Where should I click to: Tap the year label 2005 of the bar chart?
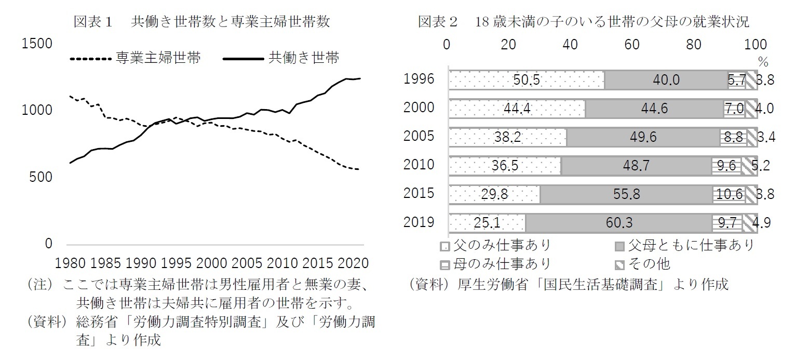point(419,137)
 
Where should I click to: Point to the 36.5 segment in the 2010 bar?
point(505,166)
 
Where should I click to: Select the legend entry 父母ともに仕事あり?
point(691,245)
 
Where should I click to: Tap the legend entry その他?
point(649,264)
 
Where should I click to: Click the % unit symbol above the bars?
point(762,61)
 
